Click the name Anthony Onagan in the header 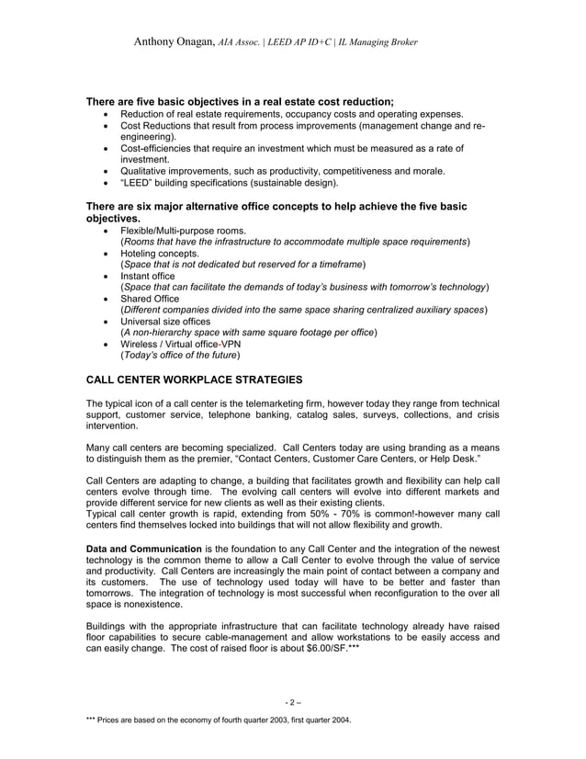[x=174, y=42]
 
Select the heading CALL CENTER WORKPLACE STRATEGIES [x=188, y=379]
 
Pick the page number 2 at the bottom [x=292, y=703]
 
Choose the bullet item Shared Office [x=151, y=299]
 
